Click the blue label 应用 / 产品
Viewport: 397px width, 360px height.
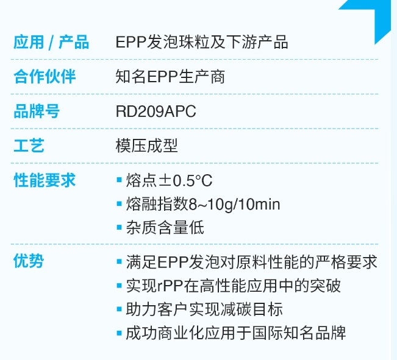coord(51,42)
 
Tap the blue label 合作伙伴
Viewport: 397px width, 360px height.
coord(45,76)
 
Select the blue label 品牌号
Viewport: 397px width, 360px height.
coord(37,111)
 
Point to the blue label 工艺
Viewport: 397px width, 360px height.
coord(29,146)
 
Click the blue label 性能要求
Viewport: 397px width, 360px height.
coord(45,180)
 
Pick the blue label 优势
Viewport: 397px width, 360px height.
coord(29,261)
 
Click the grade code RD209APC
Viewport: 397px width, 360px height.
coord(156,111)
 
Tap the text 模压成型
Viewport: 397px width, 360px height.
coord(146,146)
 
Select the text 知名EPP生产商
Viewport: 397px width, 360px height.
coord(170,76)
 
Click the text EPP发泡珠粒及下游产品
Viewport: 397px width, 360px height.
coord(202,42)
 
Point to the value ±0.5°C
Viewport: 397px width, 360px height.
coord(185,181)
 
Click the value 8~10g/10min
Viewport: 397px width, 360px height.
coord(234,205)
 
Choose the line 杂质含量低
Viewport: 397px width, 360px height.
coord(165,227)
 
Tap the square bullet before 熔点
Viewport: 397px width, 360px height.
coord(120,180)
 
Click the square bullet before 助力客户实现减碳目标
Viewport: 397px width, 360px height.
coord(120,309)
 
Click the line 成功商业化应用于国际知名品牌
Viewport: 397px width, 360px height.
coord(236,333)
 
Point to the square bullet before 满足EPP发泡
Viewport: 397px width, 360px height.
coord(120,261)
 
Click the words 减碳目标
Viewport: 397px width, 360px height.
coord(251,309)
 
